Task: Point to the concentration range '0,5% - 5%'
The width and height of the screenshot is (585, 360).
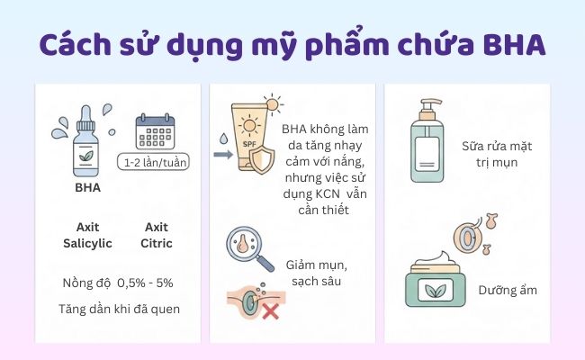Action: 143,283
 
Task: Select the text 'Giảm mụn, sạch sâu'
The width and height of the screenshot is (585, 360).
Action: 319,274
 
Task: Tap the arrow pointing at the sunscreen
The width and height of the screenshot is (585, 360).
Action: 222,154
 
